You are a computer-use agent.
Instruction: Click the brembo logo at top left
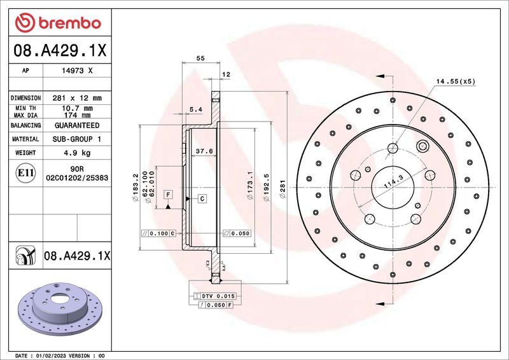(x=58, y=23)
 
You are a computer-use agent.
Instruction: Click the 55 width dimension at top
(x=200, y=58)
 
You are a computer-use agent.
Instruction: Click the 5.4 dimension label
(x=196, y=109)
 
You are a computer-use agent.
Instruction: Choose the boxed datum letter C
(x=201, y=199)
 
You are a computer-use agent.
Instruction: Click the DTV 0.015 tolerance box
(x=219, y=296)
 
